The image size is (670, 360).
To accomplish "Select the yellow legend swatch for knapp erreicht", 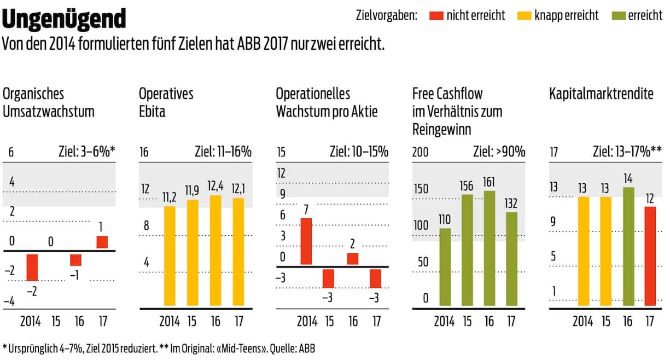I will coord(524,16).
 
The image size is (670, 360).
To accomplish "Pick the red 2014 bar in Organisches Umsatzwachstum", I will coord(32,267).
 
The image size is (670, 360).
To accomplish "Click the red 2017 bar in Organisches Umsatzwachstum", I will coord(102,242).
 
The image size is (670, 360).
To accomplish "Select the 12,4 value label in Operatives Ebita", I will coord(215,188).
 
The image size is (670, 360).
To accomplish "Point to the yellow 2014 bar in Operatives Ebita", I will coord(170,256).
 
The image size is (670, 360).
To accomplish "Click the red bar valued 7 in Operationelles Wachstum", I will coord(307,241).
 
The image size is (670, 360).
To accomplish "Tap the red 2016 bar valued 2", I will coord(353,259).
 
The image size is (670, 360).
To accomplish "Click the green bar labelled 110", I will coord(445,266).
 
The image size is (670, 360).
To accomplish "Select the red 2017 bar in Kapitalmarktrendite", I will coord(650,256).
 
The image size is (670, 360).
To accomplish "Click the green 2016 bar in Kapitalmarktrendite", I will coord(628,246).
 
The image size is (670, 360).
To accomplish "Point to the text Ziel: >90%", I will coord(499,152).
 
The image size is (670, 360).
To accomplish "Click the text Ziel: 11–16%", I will coord(223,152).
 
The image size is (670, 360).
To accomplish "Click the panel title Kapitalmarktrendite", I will coord(601,94).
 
